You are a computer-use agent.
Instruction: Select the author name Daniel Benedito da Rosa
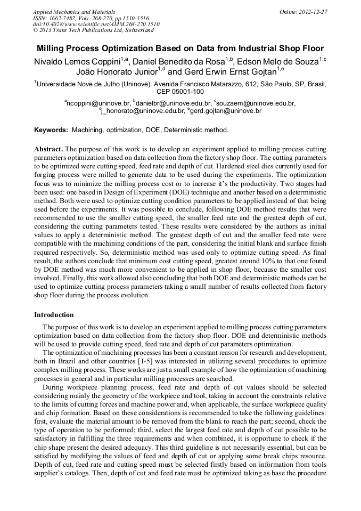pos(178,61)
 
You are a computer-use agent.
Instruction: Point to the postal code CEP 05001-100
pos(180,91)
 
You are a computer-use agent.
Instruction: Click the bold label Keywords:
pos(51,129)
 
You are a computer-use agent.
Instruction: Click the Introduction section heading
pos(54,315)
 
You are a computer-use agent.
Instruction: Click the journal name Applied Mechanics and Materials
pos(74,11)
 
